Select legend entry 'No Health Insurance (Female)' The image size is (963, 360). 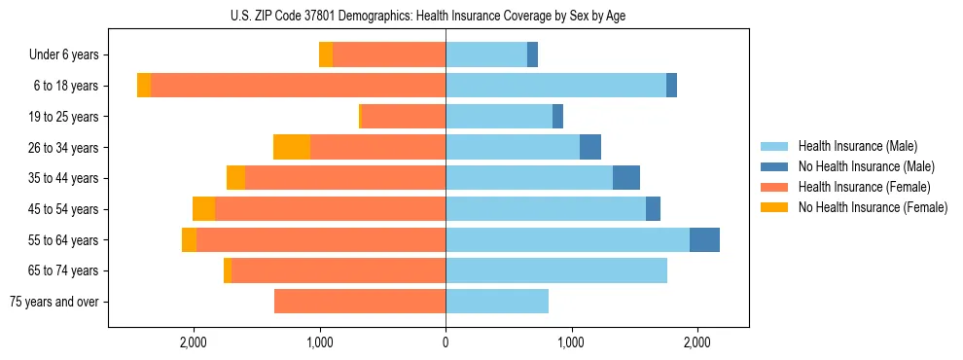pos(873,207)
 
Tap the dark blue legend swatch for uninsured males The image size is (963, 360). pos(774,166)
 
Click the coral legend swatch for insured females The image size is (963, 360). pos(774,187)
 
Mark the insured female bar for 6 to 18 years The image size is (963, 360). pos(298,86)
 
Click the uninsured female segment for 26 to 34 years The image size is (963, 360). pos(292,147)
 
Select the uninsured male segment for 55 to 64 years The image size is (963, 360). pos(704,239)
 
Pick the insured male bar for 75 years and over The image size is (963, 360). pos(497,302)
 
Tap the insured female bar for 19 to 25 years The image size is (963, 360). pos(403,117)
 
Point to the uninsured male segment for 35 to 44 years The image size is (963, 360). pos(626,178)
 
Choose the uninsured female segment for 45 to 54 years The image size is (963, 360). pos(203,209)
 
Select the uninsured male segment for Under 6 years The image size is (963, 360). pos(532,55)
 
